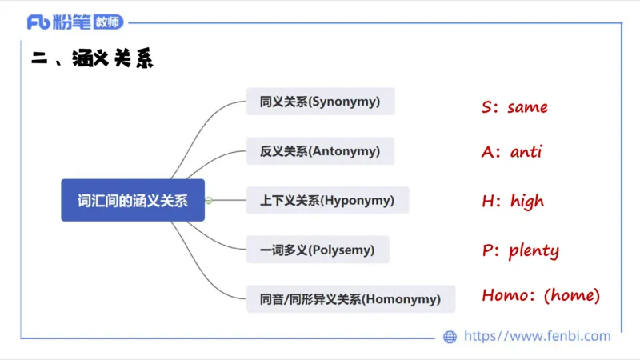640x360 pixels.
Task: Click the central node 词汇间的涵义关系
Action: coord(133,200)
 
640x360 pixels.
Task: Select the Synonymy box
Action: coord(320,102)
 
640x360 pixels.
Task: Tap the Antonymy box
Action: coord(320,150)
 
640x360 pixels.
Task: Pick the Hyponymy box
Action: coord(327,200)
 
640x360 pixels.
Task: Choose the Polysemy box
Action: coord(318,250)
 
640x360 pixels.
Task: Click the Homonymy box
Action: coord(350,299)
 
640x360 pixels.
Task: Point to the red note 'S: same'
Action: coord(514,106)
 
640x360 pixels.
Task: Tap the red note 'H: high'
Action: coord(513,201)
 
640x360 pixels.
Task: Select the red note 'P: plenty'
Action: coord(520,250)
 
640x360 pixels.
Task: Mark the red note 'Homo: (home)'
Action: coord(541,295)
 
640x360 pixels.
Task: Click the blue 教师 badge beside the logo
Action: coord(106,22)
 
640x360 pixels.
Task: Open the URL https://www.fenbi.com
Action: coord(537,336)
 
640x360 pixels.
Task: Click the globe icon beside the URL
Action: coord(450,337)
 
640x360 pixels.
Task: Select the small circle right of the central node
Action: coord(209,200)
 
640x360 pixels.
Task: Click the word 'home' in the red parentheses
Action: coord(571,295)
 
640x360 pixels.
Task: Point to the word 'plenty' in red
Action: coord(534,250)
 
